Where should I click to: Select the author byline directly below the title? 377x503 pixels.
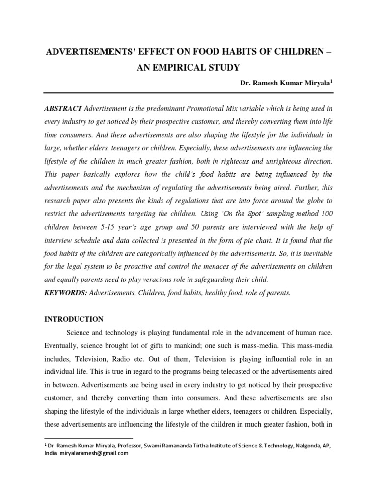tap(286, 84)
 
